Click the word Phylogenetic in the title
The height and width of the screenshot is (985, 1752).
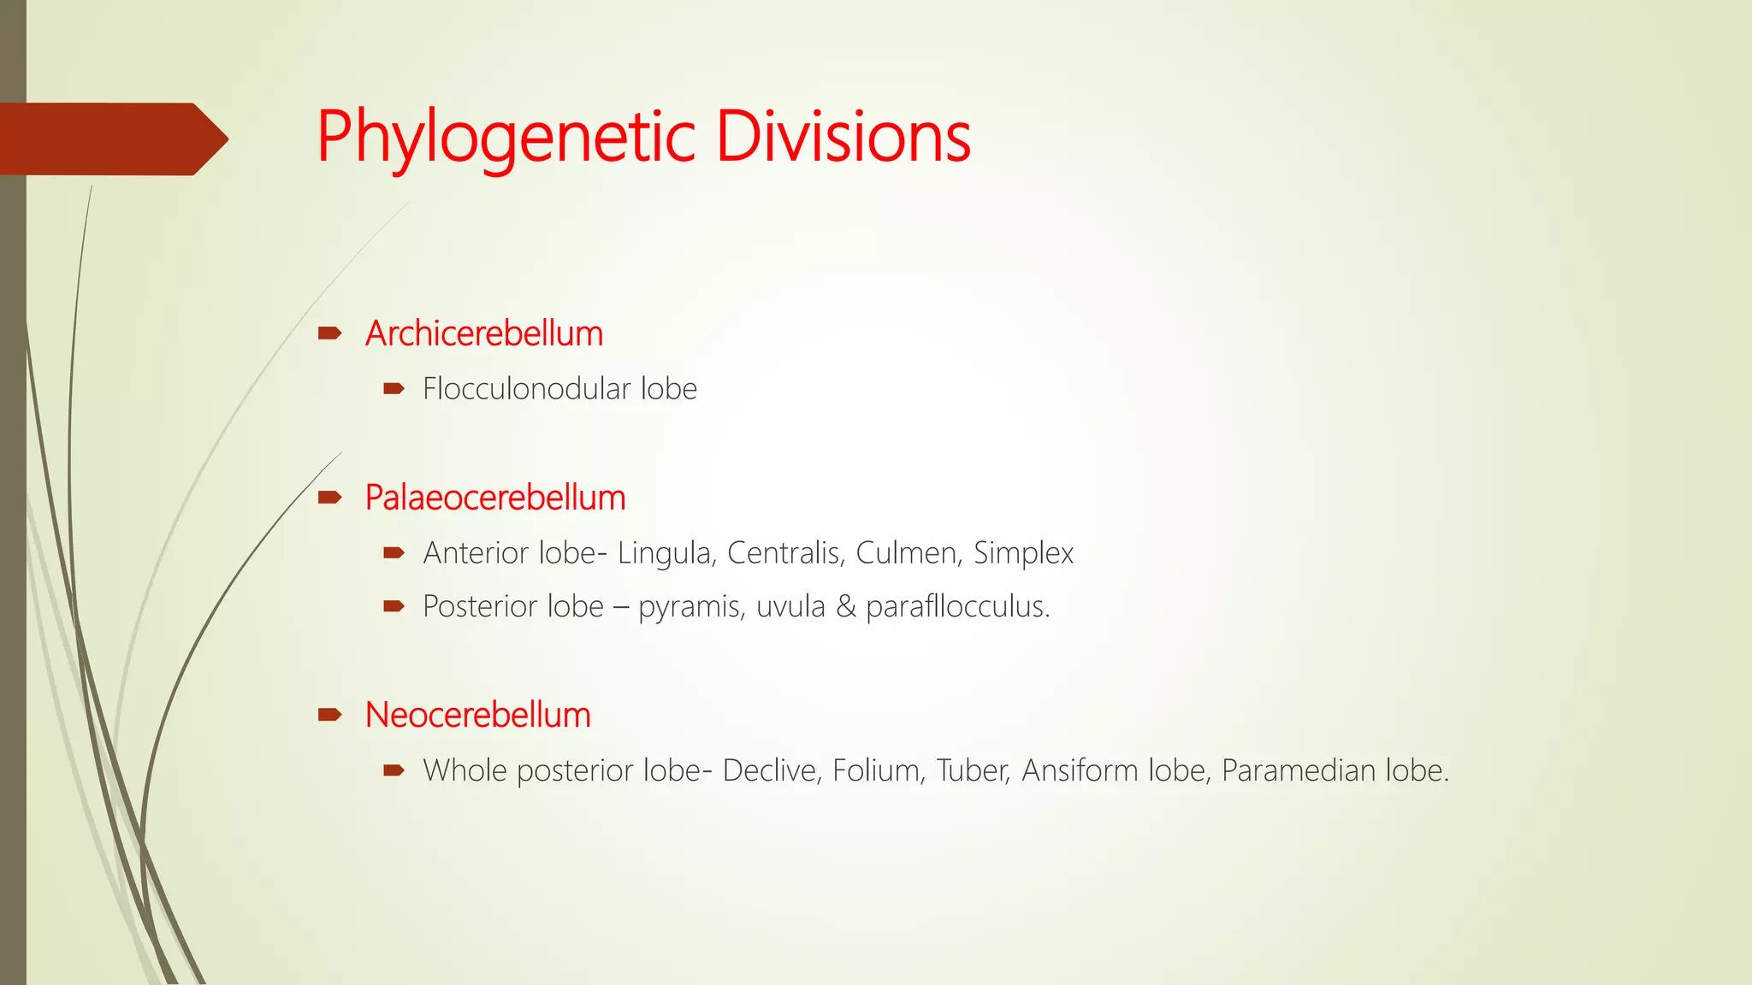[506, 137]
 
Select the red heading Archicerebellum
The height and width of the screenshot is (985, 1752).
[484, 333]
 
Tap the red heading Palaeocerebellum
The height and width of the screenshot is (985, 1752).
[495, 498]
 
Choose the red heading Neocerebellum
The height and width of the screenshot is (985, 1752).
[478, 715]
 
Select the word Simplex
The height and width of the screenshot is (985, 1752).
[1023, 554]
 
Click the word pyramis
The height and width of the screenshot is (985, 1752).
[690, 608]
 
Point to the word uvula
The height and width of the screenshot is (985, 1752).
[790, 607]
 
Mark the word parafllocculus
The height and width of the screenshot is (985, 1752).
[957, 607]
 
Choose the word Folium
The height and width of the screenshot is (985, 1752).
[879, 771]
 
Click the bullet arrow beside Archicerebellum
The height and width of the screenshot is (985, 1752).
[329, 333]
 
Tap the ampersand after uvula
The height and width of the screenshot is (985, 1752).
[845, 607]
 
